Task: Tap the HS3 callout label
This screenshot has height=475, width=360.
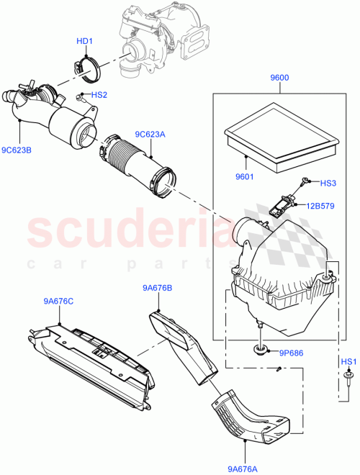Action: tap(328, 184)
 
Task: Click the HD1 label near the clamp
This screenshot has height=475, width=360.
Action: tap(84, 41)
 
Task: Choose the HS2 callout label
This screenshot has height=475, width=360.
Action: tap(98, 94)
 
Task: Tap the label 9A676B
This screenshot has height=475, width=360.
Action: tap(158, 289)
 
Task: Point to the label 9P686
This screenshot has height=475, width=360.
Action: tap(292, 353)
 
